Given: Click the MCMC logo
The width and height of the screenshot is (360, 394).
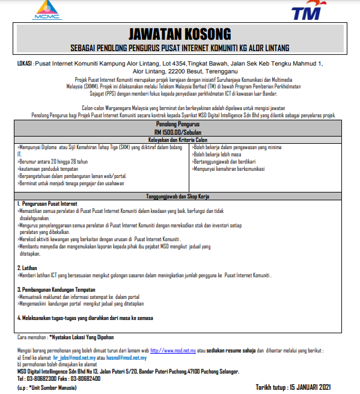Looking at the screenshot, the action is click(47, 10).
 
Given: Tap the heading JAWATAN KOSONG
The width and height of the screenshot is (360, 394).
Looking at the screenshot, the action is click(180, 34).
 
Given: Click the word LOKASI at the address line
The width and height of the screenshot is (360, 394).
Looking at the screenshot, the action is click(26, 63).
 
